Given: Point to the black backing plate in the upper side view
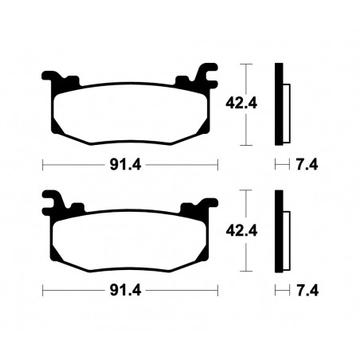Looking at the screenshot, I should (278, 104).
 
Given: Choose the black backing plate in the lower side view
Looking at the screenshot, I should (278, 231).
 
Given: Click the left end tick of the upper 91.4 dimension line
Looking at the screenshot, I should (41, 166).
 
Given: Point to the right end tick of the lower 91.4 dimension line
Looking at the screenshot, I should (217, 291).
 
